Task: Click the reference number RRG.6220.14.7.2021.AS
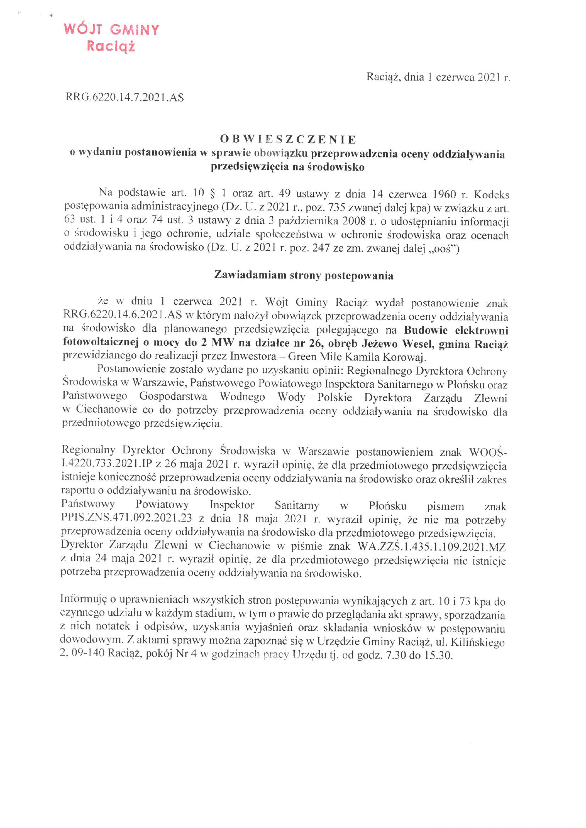(x=125, y=97)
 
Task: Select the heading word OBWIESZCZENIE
(x=288, y=139)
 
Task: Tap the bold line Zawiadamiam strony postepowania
(x=304, y=276)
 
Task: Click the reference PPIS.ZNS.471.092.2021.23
(x=126, y=520)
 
